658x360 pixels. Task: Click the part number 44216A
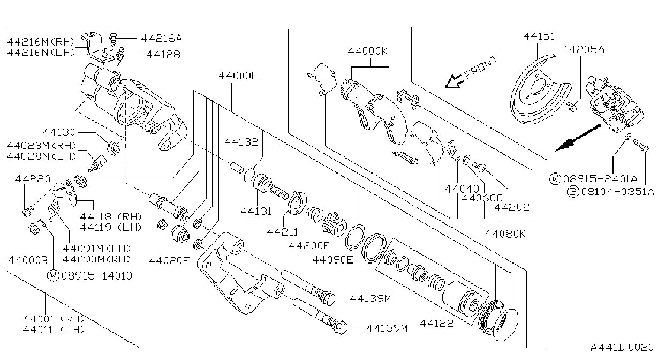point(162,38)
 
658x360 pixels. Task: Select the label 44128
point(163,54)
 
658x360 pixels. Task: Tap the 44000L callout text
point(238,76)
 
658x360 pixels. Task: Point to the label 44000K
point(368,51)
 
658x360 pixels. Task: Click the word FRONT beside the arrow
point(481,67)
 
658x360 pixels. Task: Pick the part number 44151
point(539,36)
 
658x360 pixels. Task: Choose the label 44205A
point(583,49)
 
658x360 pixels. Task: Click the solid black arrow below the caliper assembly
point(578,138)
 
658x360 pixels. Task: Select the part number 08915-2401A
point(600,179)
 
